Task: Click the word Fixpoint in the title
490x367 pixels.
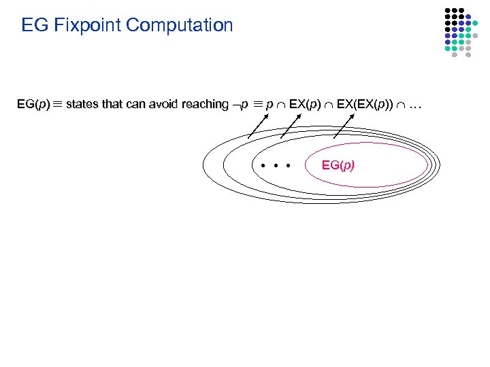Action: [x=82, y=26]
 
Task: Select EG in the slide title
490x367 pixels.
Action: [x=35, y=26]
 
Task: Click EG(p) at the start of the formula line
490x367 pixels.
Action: [x=33, y=105]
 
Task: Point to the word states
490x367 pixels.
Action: [x=82, y=105]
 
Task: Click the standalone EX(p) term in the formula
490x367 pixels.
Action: [x=305, y=105]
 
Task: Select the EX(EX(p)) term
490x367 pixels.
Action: [x=365, y=105]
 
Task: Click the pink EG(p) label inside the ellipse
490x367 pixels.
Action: [x=338, y=165]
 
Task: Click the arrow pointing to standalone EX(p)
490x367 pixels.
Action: [x=291, y=126]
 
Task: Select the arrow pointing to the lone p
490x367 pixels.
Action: [x=257, y=126]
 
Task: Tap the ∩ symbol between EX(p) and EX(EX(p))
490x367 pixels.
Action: [x=329, y=105]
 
